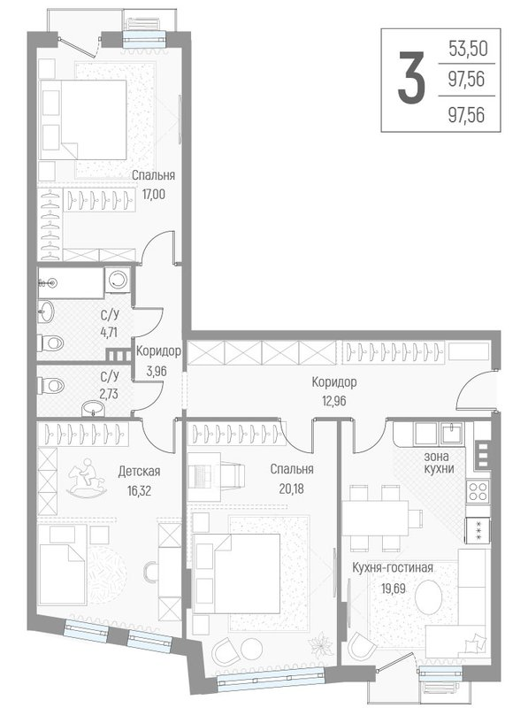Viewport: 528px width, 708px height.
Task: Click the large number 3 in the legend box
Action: [x=408, y=79]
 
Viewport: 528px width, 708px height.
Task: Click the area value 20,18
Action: [x=295, y=485]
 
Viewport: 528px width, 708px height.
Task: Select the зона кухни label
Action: [x=439, y=462]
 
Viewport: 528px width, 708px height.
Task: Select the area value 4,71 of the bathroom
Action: [x=111, y=334]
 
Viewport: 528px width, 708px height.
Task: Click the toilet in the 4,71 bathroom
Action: [x=51, y=343]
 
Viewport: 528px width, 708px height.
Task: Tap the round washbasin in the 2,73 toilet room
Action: [x=91, y=408]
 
